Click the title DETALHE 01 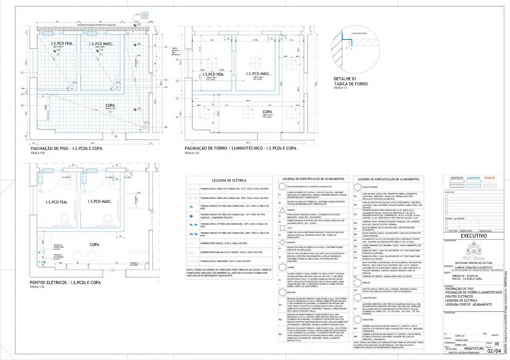[345, 79]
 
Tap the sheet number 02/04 [494, 351]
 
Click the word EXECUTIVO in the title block [473, 236]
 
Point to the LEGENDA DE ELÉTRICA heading [229, 180]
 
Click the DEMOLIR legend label [489, 178]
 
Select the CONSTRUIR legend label [473, 178]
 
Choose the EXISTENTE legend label [457, 178]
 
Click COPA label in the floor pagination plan [110, 106]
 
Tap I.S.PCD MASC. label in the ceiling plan [258, 74]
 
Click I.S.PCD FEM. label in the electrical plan [57, 202]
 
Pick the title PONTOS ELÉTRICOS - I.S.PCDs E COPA [65, 282]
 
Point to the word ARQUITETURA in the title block [474, 348]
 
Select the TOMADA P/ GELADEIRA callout [134, 264]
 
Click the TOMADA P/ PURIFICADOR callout [58, 247]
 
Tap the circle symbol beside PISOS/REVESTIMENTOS [282, 186]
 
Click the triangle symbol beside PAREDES [282, 210]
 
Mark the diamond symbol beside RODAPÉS [282, 242]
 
